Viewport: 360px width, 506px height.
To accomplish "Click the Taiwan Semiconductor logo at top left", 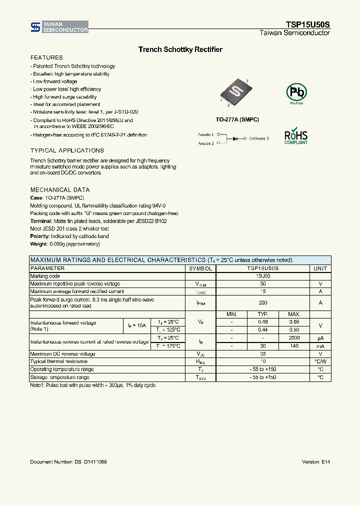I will [x=58, y=27].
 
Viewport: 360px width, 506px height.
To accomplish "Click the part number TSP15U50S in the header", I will [x=307, y=24].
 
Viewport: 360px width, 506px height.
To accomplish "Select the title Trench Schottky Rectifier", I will [x=180, y=49].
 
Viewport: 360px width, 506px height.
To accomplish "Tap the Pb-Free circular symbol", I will [x=296, y=93].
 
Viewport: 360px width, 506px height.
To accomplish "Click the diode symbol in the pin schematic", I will [x=235, y=138].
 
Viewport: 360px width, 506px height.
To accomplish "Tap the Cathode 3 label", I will [x=259, y=138].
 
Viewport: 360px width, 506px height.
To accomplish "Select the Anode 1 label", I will [x=206, y=134].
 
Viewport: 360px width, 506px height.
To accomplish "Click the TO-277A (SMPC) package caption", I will [x=237, y=120].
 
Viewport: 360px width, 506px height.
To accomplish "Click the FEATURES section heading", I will [x=46, y=57].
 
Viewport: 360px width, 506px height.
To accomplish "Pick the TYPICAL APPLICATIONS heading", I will [x=67, y=150].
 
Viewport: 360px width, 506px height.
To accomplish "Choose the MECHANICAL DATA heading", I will [x=60, y=190].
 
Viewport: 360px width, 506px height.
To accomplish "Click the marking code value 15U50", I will [x=263, y=276].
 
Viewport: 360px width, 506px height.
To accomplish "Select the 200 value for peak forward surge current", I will [x=263, y=302].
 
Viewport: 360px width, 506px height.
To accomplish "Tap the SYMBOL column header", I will [x=200, y=268].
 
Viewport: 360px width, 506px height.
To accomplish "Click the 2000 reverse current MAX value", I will [x=294, y=338].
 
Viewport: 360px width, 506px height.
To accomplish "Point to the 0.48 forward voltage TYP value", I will [x=263, y=322].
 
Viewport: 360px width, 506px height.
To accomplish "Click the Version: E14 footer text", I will [x=316, y=461].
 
